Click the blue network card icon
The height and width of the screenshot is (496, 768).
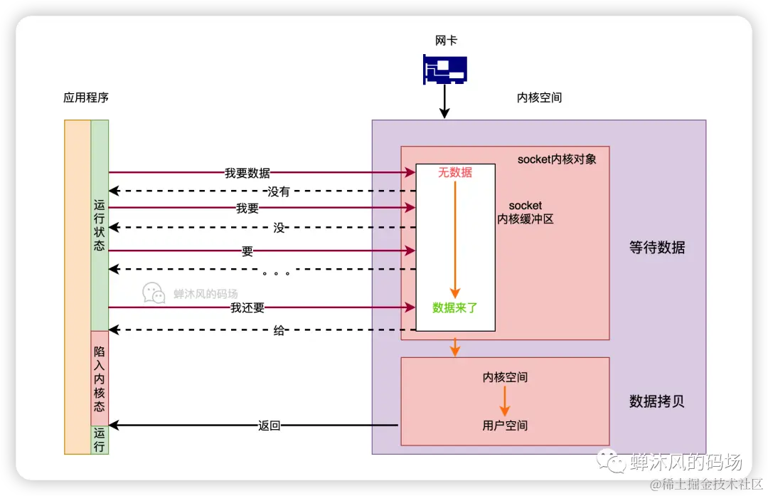pos(444,69)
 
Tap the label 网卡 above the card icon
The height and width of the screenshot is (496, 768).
pos(445,41)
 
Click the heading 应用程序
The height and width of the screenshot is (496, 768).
pos(86,97)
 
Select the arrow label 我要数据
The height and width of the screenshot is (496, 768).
pos(247,172)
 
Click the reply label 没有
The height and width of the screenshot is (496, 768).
pos(279,191)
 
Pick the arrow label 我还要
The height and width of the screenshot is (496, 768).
pos(247,307)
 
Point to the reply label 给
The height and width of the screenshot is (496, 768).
pos(279,330)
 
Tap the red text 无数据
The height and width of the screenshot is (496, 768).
pos(455,172)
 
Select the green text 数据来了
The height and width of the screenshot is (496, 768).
pos(455,307)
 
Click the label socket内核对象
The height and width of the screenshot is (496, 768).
pos(557,159)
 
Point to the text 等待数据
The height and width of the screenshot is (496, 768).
pos(657,248)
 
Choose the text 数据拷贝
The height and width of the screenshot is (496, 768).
pos(657,401)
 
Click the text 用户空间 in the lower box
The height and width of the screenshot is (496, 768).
pos(505,426)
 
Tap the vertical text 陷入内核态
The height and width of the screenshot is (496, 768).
pos(100,379)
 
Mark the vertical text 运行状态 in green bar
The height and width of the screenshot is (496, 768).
pos(100,225)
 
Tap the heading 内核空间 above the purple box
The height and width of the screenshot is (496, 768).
pos(539,97)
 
